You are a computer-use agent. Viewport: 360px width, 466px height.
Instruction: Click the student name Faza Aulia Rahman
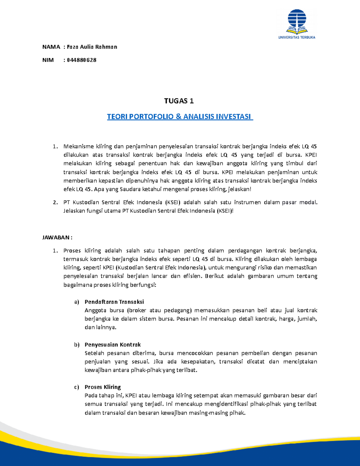pos(92,47)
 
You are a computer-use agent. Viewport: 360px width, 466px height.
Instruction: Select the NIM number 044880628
pos(82,60)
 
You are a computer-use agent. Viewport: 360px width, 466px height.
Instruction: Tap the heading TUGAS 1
pos(179,101)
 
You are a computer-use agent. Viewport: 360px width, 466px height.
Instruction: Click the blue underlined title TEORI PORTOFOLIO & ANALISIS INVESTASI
pos(180,117)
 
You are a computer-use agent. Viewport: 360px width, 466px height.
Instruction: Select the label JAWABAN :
pos(57,238)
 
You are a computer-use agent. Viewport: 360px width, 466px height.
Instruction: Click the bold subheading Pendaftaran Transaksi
pos(114,302)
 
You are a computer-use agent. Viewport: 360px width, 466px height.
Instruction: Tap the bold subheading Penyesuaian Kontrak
pos(112,344)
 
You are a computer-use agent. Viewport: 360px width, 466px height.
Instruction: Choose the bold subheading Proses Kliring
pos(103,387)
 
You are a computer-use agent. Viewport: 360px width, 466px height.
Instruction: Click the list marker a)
pos(76,302)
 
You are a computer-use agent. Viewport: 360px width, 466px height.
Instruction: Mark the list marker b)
pos(76,344)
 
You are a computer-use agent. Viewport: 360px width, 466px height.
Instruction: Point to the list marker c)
pos(76,387)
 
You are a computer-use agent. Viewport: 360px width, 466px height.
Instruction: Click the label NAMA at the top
pos(51,47)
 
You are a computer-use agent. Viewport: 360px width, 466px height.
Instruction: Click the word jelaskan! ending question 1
pos(239,189)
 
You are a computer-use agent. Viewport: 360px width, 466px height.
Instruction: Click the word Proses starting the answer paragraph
pos(72,251)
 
